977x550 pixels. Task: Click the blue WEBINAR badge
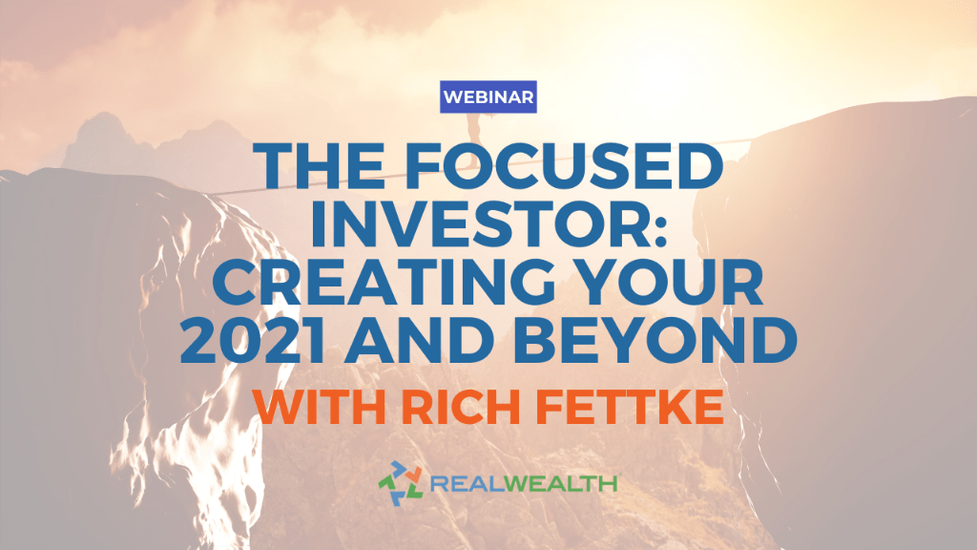click(x=488, y=96)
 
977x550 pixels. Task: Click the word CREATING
click(x=384, y=282)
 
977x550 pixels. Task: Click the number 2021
click(x=252, y=340)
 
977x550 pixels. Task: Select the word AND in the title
click(x=420, y=341)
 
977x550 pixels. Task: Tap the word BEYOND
click(x=655, y=341)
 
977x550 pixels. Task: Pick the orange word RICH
click(x=461, y=407)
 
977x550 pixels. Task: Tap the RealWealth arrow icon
click(x=400, y=482)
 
